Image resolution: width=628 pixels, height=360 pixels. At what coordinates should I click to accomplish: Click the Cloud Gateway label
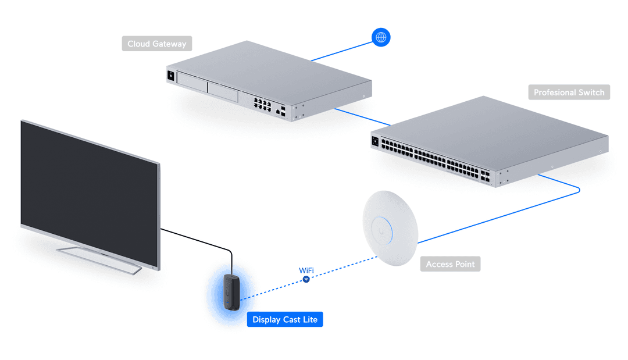[156, 44]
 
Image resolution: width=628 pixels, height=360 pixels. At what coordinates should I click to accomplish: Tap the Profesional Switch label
[569, 92]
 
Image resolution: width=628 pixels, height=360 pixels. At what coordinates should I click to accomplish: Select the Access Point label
[450, 264]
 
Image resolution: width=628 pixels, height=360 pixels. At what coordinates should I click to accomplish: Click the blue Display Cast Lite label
[284, 319]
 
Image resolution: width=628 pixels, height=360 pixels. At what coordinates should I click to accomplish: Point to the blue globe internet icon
[381, 38]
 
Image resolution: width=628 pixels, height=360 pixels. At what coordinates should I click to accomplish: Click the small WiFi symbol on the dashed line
[306, 280]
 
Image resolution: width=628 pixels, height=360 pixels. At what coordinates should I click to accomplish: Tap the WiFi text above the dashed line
[306, 270]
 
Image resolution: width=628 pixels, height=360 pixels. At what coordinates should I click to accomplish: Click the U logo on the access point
[381, 231]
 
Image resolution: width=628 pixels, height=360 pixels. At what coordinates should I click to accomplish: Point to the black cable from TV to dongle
[198, 240]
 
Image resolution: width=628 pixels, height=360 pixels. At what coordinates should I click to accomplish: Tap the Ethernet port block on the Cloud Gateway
[262, 104]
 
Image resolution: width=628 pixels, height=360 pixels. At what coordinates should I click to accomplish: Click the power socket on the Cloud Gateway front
[171, 75]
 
